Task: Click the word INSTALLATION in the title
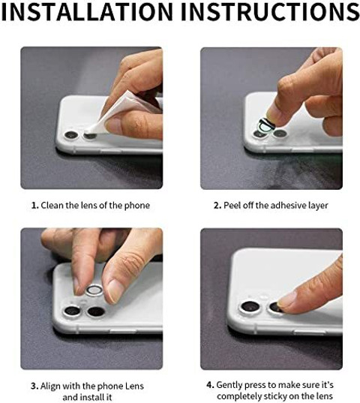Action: (x=87, y=11)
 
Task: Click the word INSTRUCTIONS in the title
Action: (x=269, y=11)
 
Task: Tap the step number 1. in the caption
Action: (x=35, y=206)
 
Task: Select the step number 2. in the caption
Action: (x=217, y=206)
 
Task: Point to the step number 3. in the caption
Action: (x=34, y=386)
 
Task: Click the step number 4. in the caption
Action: (x=210, y=385)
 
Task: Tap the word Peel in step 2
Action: (x=232, y=206)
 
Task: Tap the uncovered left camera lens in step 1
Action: (x=71, y=135)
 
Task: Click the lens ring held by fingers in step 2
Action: (x=267, y=125)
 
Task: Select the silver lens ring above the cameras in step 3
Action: (x=94, y=290)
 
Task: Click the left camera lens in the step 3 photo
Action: (x=72, y=311)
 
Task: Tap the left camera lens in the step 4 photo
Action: (x=250, y=308)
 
